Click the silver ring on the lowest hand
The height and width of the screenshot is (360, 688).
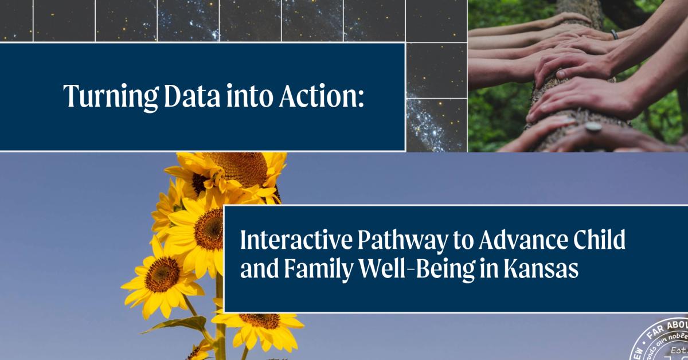pos(593,127)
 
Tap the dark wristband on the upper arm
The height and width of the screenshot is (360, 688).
pos(615,34)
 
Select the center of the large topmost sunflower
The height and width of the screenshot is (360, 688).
pos(244,169)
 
